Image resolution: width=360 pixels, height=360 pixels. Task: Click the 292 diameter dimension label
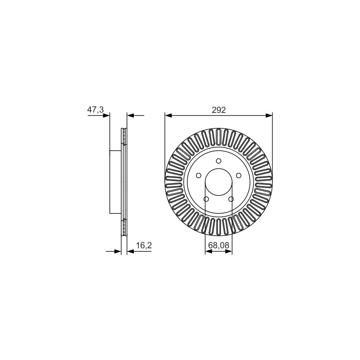point(219,110)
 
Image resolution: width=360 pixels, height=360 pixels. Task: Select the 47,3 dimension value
point(95,110)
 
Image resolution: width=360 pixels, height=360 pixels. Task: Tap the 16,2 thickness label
point(144,246)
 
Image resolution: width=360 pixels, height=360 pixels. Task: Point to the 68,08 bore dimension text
point(219,246)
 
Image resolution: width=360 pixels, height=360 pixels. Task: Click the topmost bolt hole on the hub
point(219,161)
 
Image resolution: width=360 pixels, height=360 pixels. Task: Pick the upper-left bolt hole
point(199,175)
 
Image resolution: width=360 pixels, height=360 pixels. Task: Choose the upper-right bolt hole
point(239,175)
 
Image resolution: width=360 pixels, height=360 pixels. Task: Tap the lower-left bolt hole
point(206,199)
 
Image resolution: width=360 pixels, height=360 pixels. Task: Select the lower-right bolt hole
point(231,199)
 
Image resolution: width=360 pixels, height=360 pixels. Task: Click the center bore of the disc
point(219,182)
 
